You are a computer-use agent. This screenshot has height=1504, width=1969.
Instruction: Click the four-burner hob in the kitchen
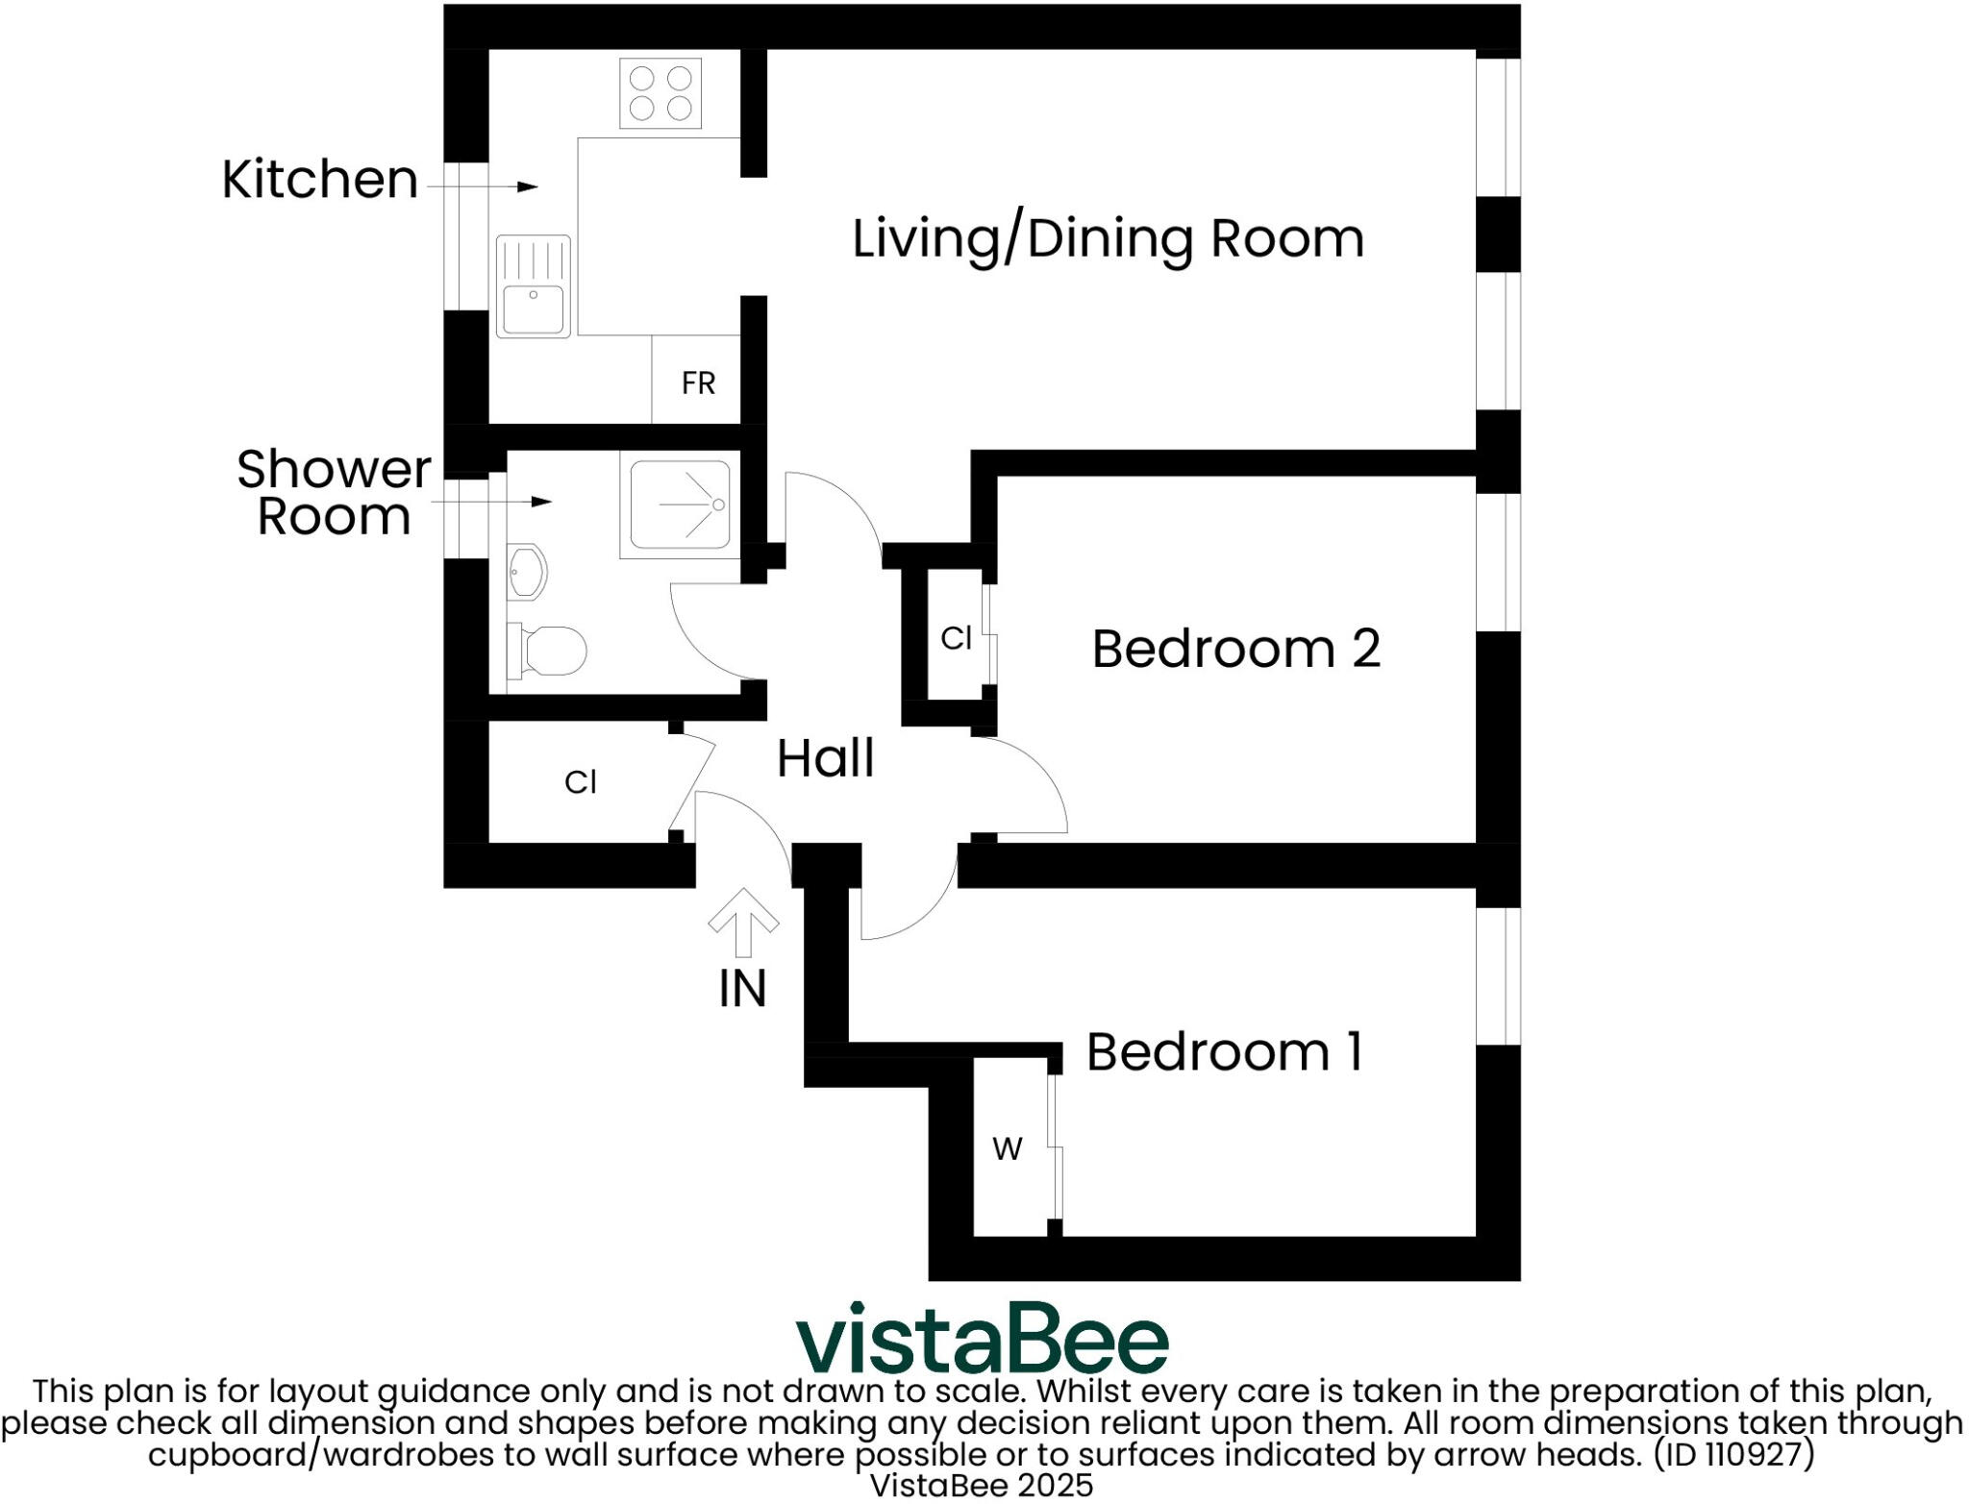point(660,93)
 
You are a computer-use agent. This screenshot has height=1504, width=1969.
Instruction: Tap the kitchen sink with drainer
point(533,286)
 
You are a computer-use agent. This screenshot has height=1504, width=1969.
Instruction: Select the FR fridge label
point(698,383)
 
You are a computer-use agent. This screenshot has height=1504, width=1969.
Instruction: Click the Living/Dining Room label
point(1108,238)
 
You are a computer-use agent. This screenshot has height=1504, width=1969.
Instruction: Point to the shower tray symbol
point(681,505)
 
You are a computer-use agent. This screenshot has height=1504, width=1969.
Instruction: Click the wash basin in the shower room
point(526,574)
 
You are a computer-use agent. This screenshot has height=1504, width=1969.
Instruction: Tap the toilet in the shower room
point(547,651)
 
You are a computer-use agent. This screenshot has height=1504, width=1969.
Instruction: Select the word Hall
point(825,758)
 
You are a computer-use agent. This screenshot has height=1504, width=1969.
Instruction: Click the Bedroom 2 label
point(1235,649)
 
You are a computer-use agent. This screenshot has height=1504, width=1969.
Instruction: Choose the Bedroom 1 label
point(1224,1052)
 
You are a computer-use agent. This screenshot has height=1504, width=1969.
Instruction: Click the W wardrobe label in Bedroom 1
point(1007,1148)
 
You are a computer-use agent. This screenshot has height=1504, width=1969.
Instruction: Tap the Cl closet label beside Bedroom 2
point(956,638)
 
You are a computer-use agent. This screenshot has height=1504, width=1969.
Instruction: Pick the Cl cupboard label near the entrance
point(580,782)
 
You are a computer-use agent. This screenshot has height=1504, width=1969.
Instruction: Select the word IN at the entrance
point(742,989)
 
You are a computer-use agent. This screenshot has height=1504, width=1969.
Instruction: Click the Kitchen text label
point(319,180)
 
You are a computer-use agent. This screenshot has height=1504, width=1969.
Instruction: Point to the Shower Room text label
point(334,493)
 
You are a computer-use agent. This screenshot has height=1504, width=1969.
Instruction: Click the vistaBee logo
point(982,1339)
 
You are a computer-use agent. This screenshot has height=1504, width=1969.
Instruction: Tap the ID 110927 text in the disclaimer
point(1733,1454)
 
